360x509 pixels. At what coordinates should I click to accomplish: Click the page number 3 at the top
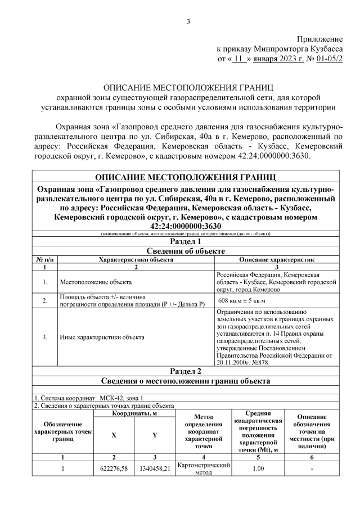pos(189,22)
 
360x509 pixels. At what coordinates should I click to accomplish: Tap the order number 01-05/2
pos(328,57)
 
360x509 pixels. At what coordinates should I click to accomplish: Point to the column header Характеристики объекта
pos(136,260)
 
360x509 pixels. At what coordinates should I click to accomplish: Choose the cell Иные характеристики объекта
pos(102,337)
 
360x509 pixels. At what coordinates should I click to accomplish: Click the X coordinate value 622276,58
pos(114,469)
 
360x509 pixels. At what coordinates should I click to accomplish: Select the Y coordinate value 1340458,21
pos(154,469)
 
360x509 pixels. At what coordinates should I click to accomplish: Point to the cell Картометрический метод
pos(204,469)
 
